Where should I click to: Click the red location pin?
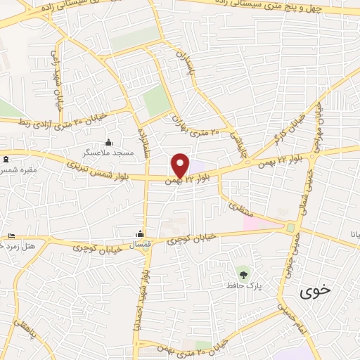point(180,164)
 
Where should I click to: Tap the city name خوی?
point(314,290)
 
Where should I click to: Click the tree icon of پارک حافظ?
point(243,274)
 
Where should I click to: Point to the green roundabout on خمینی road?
point(290,227)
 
